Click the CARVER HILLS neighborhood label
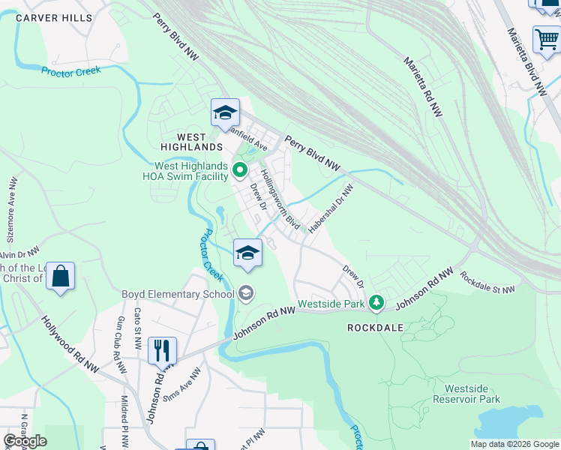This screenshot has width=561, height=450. click(57, 17)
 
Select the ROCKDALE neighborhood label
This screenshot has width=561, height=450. click(376, 328)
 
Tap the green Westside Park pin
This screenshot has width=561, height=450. click(376, 304)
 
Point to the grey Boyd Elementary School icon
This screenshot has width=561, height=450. click(247, 294)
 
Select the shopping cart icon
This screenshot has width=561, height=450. click(547, 40)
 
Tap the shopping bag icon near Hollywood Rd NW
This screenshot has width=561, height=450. click(60, 276)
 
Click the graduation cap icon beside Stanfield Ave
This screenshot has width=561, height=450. click(225, 113)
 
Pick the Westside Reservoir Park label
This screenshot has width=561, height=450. click(472, 394)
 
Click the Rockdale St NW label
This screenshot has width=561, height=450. click(487, 283)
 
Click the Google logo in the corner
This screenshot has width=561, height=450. click(25, 441)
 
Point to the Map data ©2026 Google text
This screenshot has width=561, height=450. click(514, 444)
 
